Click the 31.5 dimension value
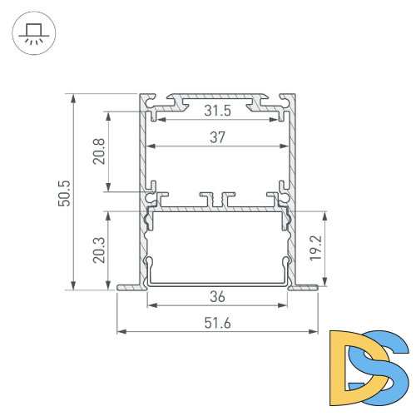pos(217,111)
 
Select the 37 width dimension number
pos(217,139)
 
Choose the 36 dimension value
pos(217,296)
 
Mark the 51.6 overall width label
pos(217,324)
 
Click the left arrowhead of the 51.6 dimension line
pos(121,332)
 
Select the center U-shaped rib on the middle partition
pos(218,201)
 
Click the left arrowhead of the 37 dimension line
pos(150,148)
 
